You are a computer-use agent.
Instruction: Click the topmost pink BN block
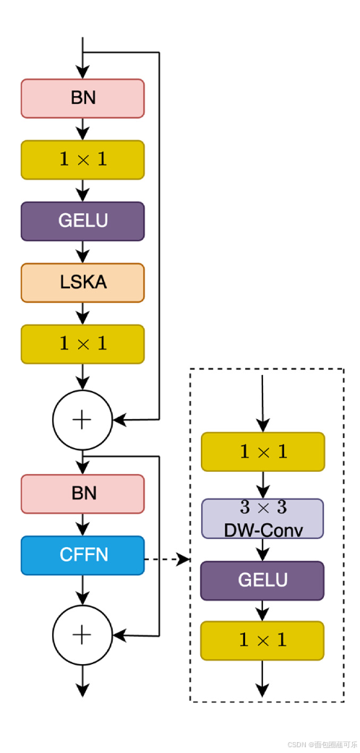click(x=82, y=98)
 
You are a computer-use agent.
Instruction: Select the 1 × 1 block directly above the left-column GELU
click(x=82, y=160)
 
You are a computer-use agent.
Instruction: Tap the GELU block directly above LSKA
click(x=82, y=221)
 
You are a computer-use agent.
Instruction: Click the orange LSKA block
click(x=82, y=283)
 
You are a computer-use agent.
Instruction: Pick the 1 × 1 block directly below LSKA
click(x=82, y=344)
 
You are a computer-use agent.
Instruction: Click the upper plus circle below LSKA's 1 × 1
click(x=82, y=420)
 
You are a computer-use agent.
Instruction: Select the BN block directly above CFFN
click(x=82, y=494)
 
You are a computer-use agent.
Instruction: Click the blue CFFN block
click(x=82, y=555)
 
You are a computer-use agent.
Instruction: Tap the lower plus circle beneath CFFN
click(x=82, y=635)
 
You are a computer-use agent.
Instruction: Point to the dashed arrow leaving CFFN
click(x=166, y=559)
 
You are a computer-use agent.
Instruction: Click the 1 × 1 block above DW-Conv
click(x=262, y=452)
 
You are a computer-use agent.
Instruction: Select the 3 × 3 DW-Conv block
click(x=262, y=519)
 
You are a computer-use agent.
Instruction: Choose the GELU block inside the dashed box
click(x=262, y=580)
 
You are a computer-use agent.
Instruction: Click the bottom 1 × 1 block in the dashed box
click(x=262, y=640)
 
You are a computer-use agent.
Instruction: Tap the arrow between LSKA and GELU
click(x=82, y=251)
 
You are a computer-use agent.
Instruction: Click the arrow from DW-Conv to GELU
click(x=262, y=549)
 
